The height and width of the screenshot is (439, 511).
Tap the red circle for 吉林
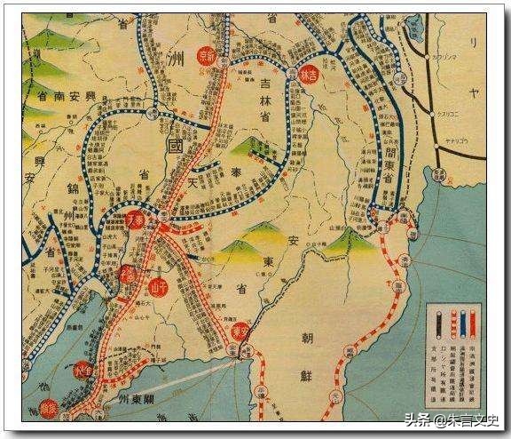(x=309, y=76)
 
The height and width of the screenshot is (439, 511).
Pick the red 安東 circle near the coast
(x=240, y=331)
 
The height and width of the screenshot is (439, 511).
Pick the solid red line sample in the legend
(x=461, y=323)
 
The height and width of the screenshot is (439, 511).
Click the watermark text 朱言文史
(x=474, y=420)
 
